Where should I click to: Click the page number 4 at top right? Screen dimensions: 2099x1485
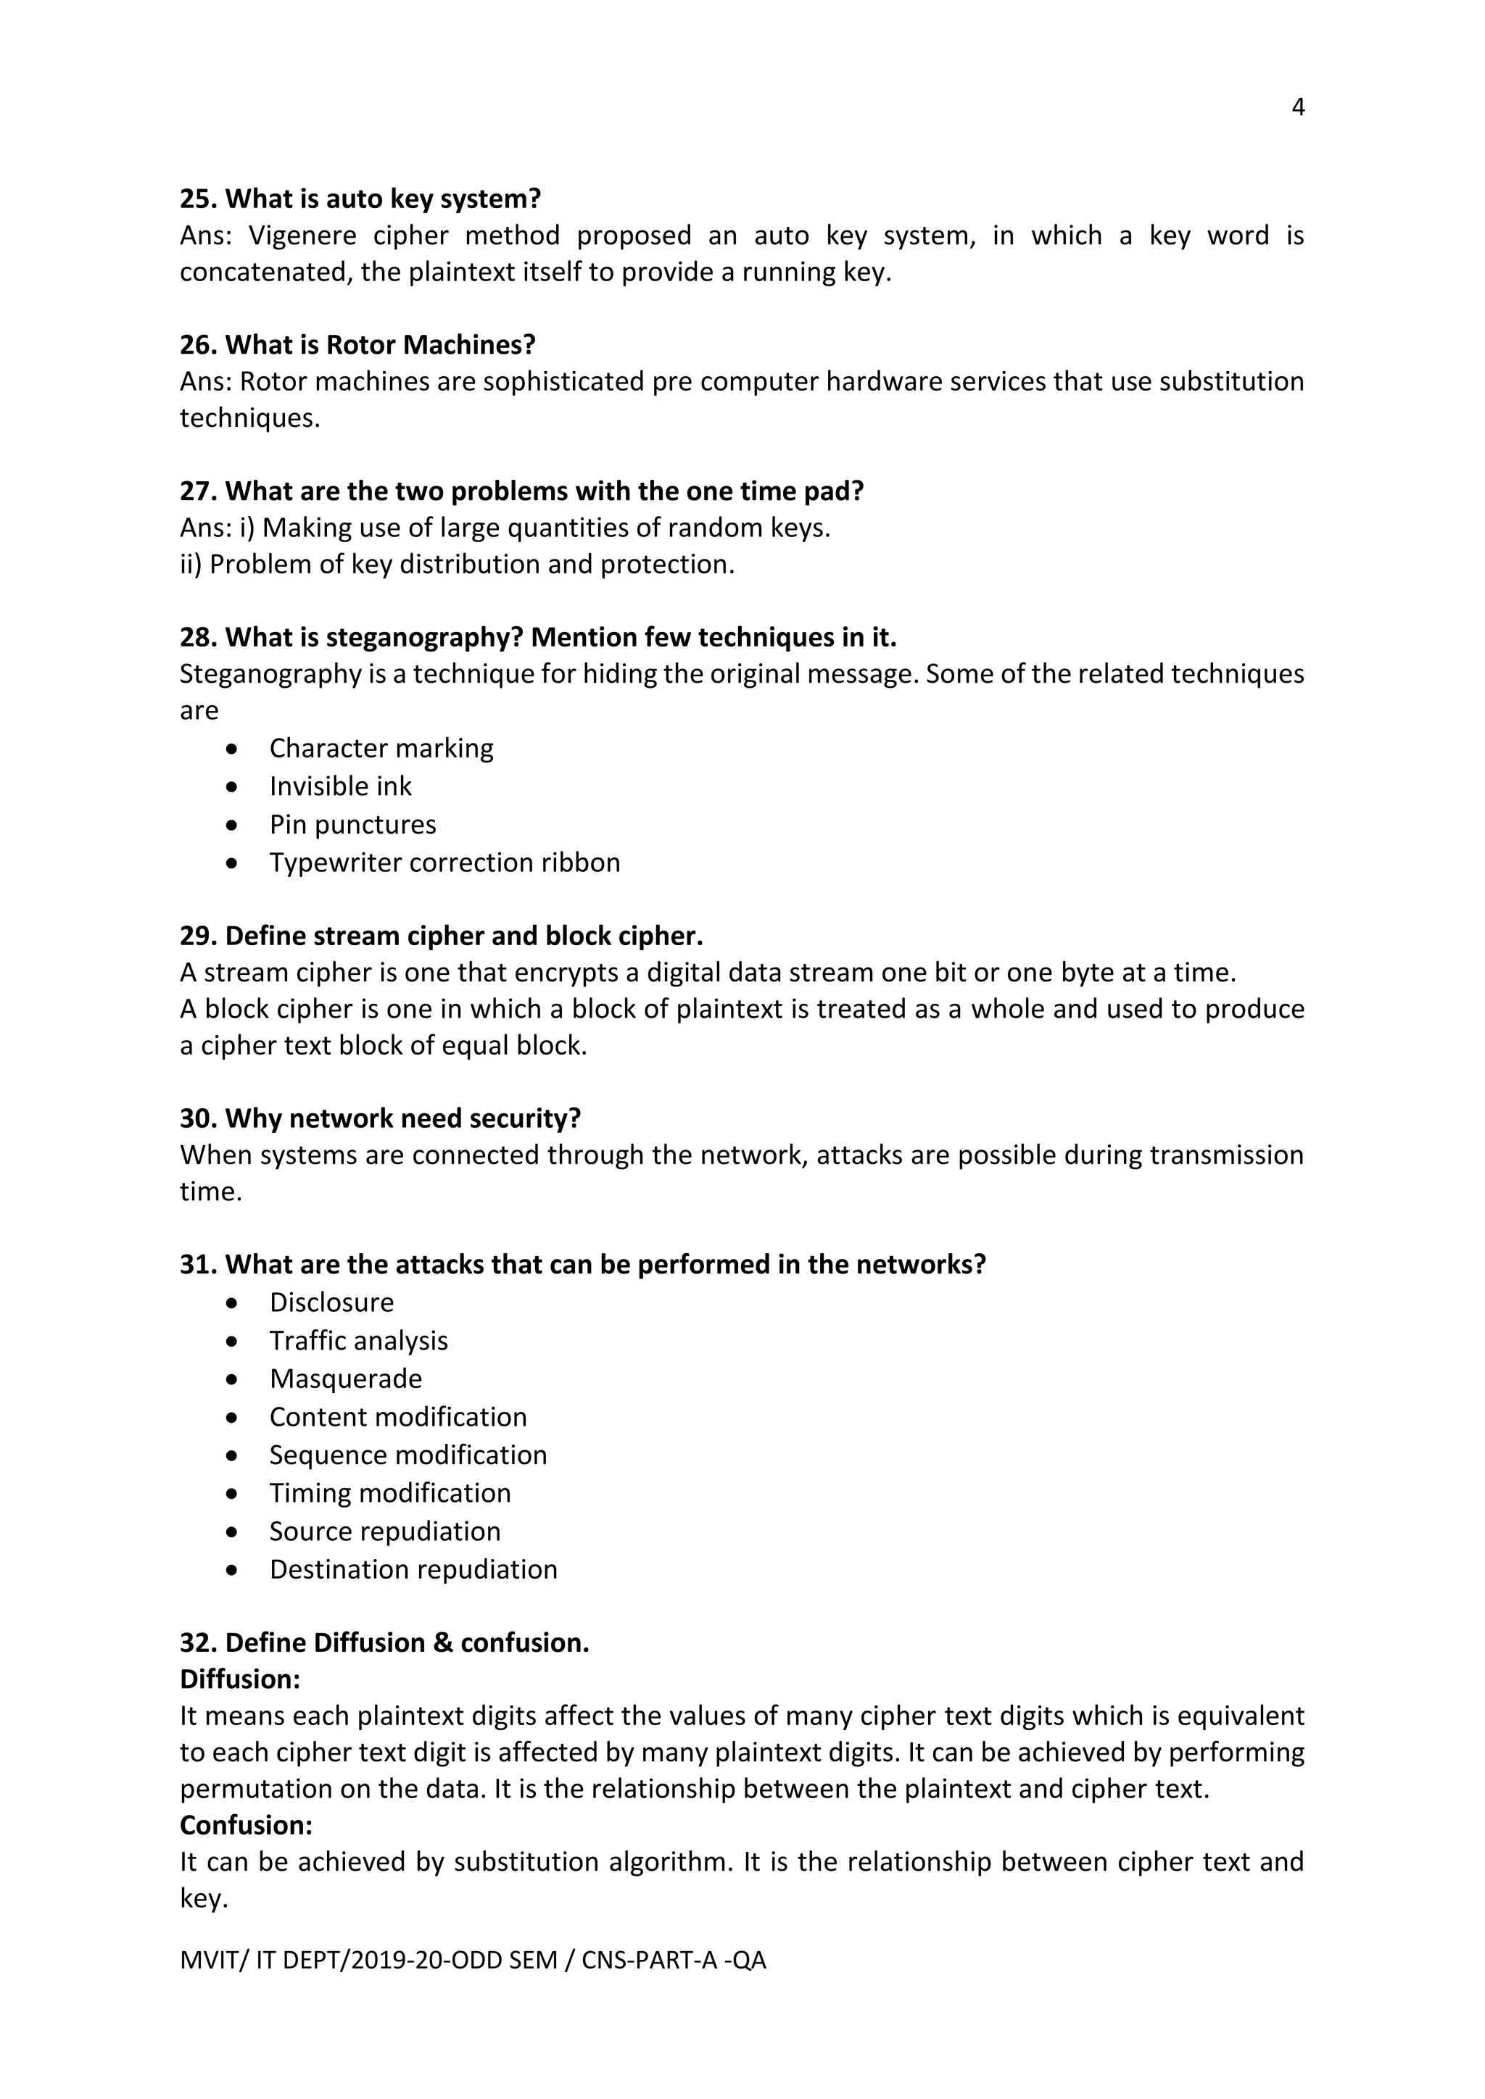(1297, 108)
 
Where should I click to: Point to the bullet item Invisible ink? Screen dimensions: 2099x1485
(340, 786)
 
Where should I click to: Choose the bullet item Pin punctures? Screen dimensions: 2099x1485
(352, 825)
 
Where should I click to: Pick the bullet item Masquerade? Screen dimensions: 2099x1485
(346, 1379)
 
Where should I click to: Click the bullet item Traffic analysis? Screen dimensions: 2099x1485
(358, 1341)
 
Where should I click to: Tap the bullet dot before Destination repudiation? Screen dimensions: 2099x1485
(233, 1571)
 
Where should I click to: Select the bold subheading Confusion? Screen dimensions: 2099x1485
(246, 1826)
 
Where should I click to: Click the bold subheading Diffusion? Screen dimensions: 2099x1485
(239, 1679)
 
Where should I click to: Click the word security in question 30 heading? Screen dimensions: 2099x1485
(525, 1119)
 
